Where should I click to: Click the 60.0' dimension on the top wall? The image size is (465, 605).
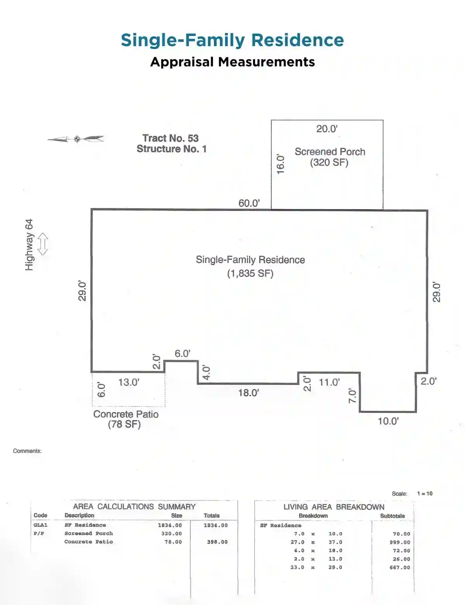249,203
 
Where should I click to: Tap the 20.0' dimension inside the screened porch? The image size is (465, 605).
327,129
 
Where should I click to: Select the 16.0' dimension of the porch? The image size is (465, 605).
280,165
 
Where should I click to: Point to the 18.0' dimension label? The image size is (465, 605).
248,392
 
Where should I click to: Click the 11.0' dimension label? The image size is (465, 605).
329,382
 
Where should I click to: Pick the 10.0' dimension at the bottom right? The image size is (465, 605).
388,421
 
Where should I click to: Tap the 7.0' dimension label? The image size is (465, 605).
353,396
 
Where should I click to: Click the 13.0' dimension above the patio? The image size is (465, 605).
129,382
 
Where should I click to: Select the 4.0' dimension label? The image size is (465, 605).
206,372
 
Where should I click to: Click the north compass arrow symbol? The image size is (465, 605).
76,139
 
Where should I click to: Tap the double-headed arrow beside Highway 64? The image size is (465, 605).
43,244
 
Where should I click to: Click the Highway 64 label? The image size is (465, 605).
29,245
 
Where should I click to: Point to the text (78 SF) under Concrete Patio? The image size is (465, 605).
124,424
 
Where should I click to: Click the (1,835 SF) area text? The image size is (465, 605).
250,273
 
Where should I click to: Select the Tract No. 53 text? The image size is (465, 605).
170,138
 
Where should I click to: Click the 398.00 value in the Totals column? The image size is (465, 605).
217,542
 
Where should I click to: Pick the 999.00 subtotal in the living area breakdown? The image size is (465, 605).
400,542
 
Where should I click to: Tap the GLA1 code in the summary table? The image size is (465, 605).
41,525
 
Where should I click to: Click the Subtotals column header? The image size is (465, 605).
392,516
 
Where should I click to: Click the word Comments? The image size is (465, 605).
27,451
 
